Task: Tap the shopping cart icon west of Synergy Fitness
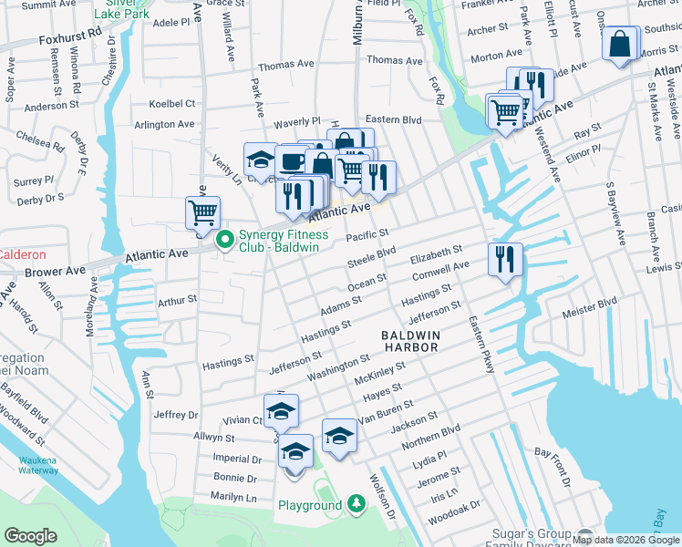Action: click(202, 212)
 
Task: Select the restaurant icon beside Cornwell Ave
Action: click(504, 259)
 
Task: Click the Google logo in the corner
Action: click(29, 536)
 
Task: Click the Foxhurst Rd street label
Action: click(71, 41)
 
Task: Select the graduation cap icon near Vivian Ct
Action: click(281, 410)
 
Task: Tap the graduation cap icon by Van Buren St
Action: click(339, 435)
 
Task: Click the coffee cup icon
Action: click(292, 161)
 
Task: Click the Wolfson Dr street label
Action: click(382, 491)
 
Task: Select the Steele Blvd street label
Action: click(372, 257)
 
